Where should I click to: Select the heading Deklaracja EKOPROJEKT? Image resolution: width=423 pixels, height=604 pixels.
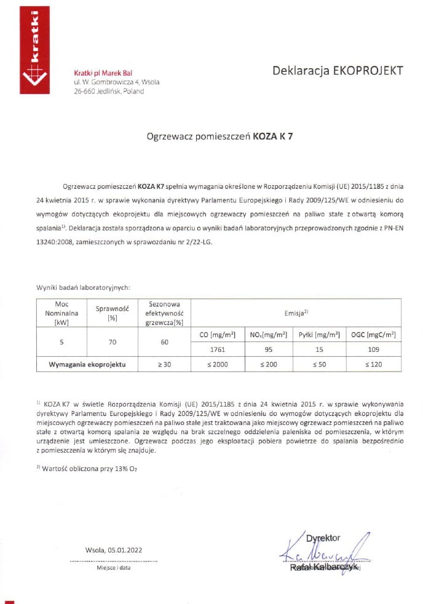tap(338, 70)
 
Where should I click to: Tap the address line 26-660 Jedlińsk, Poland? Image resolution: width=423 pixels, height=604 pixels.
tap(109, 91)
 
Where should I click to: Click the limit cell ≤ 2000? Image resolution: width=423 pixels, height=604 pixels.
tap(211, 364)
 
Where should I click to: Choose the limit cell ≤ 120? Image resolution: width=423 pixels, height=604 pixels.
tap(373, 364)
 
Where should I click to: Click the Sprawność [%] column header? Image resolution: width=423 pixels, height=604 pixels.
tap(113, 313)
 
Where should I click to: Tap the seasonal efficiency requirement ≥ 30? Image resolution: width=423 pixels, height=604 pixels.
tap(164, 364)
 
